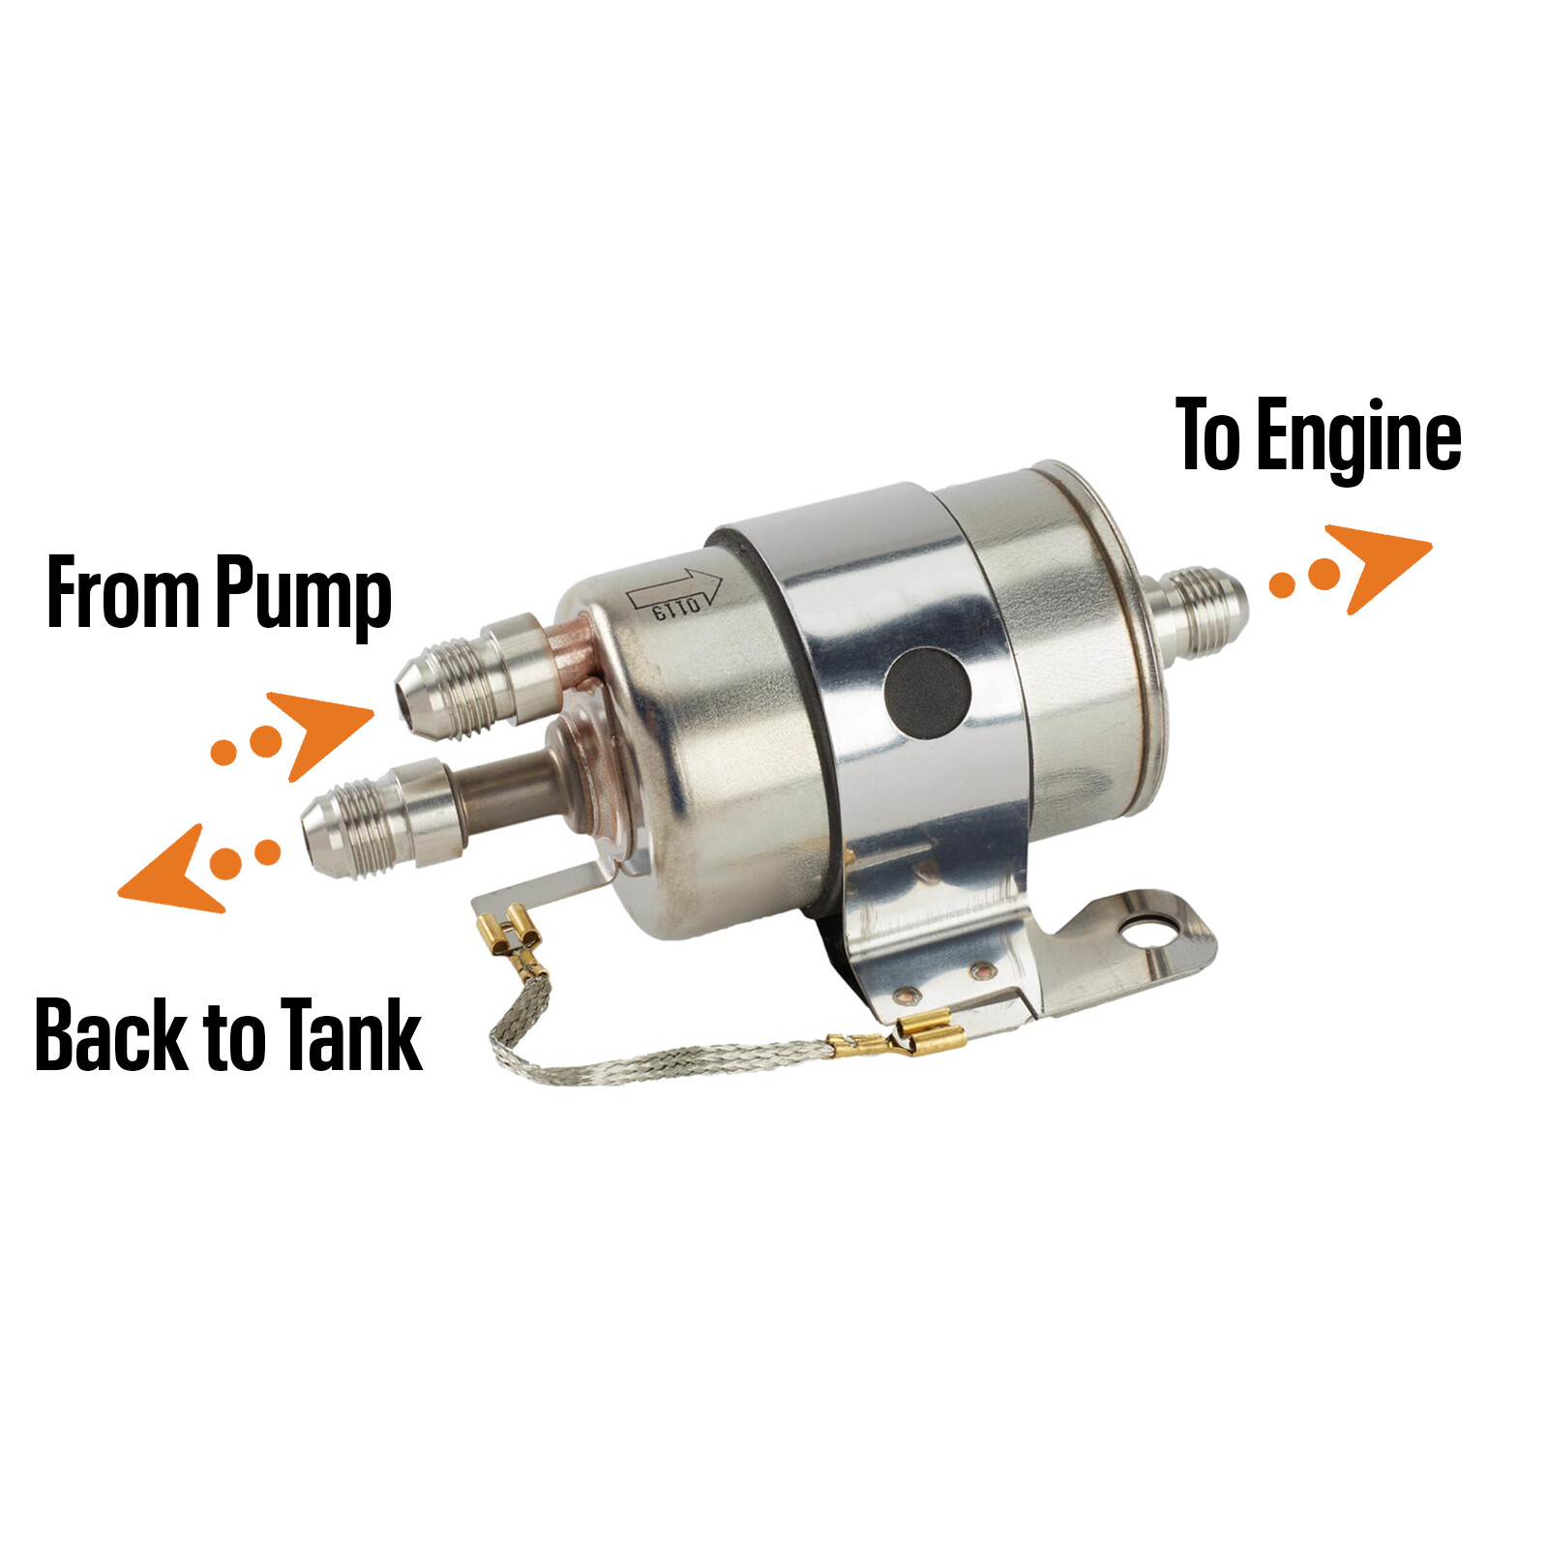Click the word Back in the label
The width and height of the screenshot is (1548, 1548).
pos(109,1035)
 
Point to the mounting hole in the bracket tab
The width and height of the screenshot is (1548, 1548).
pos(1147,932)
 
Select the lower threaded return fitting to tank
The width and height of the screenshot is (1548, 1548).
pos(372,818)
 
